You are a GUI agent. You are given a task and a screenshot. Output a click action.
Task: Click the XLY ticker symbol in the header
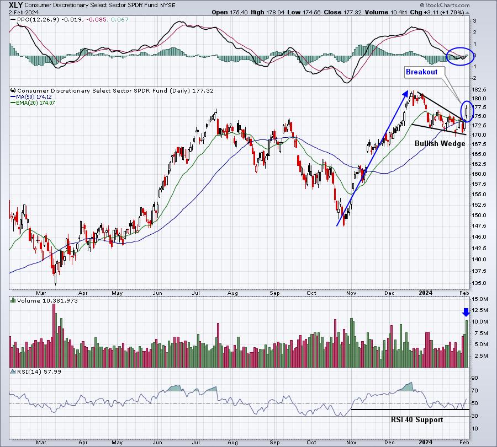(x=16, y=5)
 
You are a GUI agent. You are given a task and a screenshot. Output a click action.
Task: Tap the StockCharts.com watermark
(x=445, y=5)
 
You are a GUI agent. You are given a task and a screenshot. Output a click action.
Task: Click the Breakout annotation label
(x=421, y=72)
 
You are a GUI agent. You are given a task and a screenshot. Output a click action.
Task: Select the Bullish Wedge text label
(x=440, y=143)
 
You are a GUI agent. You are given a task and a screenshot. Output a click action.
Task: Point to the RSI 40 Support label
(x=417, y=419)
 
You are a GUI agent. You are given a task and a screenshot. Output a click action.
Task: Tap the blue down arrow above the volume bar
(x=466, y=312)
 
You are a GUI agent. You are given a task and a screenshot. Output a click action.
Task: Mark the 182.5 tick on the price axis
(x=479, y=90)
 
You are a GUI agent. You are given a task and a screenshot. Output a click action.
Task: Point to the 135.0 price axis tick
(x=479, y=283)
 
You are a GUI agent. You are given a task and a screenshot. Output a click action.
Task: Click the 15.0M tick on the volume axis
(x=480, y=299)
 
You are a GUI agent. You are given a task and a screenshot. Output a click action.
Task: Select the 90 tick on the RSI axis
(x=474, y=378)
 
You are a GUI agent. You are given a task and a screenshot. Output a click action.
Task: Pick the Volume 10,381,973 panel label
(x=47, y=300)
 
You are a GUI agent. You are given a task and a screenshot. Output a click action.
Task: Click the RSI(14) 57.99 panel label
(x=39, y=371)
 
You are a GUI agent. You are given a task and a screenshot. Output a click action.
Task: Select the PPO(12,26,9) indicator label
(x=38, y=20)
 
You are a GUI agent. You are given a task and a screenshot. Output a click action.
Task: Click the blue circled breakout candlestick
(x=467, y=112)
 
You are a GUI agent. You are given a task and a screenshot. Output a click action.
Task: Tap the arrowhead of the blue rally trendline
(x=406, y=93)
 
